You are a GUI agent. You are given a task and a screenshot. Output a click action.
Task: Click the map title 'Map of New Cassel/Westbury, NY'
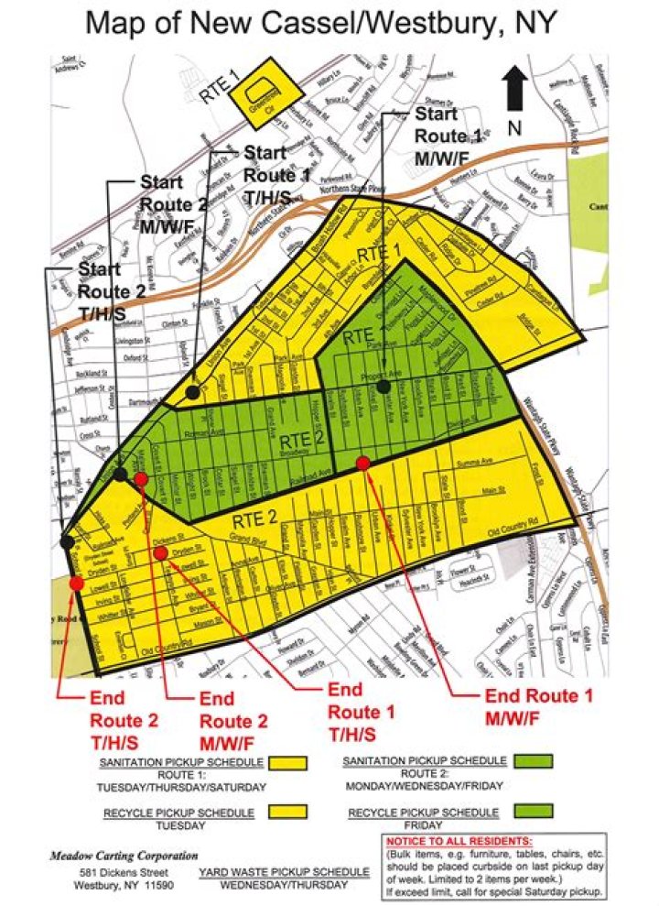pos(319,23)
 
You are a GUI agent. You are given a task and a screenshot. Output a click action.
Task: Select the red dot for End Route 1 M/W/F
pos(363,464)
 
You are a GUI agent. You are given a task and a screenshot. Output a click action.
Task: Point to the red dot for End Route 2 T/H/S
pos(76,584)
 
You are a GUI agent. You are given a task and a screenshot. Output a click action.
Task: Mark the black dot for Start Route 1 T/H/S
pos(192,392)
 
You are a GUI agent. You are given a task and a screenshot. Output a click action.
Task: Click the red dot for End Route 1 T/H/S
pos(161,552)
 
